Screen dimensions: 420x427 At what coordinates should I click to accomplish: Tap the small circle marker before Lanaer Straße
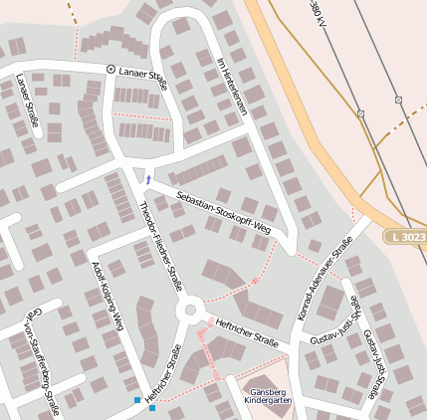(x=110, y=69)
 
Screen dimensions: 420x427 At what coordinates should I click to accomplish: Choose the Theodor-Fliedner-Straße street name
(x=161, y=245)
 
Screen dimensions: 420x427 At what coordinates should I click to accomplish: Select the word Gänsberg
(x=268, y=390)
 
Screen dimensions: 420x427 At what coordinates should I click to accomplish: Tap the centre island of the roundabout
(x=188, y=312)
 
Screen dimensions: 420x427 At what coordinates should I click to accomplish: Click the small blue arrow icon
(x=148, y=179)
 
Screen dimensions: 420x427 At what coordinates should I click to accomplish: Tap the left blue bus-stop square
(x=137, y=400)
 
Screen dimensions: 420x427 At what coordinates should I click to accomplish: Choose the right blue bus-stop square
(x=152, y=407)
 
